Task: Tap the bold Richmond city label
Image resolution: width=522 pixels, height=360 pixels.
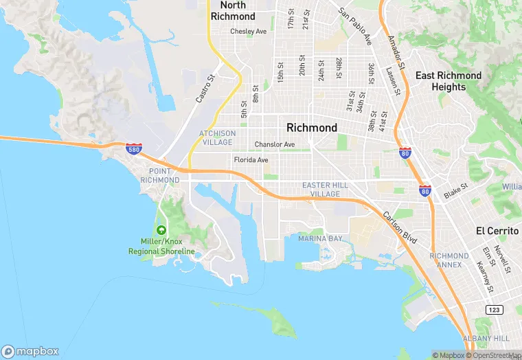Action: pyautogui.click(x=311, y=128)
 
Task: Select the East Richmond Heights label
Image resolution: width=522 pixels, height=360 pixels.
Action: pyautogui.click(x=457, y=81)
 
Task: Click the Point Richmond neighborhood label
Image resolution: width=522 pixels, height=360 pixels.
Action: pyautogui.click(x=159, y=175)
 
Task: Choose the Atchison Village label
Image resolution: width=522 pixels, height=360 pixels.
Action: pyautogui.click(x=217, y=137)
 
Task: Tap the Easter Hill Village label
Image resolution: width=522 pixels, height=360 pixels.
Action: pyautogui.click(x=321, y=190)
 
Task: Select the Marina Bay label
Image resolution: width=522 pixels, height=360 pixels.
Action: pyautogui.click(x=320, y=238)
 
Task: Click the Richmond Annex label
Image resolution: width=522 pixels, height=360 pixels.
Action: pyautogui.click(x=449, y=260)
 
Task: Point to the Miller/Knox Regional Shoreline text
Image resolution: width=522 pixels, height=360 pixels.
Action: pyautogui.click(x=161, y=247)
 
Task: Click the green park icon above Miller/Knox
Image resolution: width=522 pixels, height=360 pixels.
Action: pyautogui.click(x=161, y=230)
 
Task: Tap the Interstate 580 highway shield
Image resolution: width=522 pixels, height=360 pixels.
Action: pyautogui.click(x=134, y=148)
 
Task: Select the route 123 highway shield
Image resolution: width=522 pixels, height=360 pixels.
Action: pyautogui.click(x=494, y=310)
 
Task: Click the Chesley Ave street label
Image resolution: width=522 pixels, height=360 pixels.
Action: pyautogui.click(x=248, y=32)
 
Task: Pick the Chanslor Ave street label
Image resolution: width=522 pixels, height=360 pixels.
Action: pyautogui.click(x=274, y=144)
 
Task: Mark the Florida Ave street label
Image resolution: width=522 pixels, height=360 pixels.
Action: pyautogui.click(x=251, y=160)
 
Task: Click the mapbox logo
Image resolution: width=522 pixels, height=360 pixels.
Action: pyautogui.click(x=30, y=351)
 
